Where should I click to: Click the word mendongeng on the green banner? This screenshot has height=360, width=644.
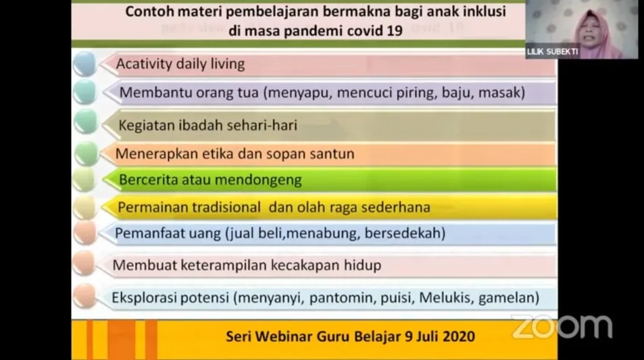[258, 180]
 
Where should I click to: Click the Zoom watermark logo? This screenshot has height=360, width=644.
[562, 327]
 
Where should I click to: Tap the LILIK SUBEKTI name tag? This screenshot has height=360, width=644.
[552, 52]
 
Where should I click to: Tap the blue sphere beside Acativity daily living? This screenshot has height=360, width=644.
[85, 64]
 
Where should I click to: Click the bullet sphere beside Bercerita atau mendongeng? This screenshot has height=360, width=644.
[84, 180]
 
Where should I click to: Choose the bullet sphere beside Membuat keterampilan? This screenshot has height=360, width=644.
[84, 263]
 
